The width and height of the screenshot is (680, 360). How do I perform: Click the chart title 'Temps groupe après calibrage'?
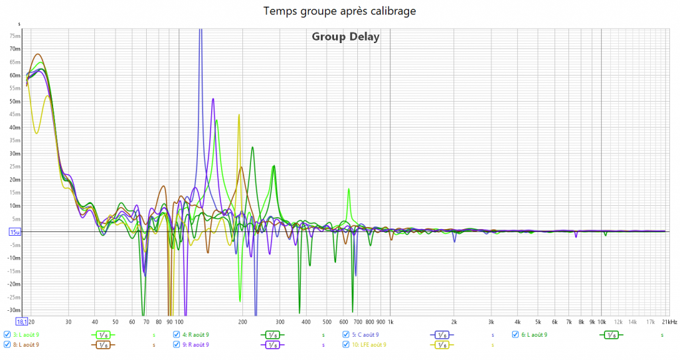[x=340, y=11]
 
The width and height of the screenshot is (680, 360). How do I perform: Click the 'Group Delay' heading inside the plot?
[x=345, y=37]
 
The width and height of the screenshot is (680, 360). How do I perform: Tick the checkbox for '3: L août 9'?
[x=7, y=335]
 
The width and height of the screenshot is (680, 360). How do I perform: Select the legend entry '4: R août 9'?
[x=195, y=335]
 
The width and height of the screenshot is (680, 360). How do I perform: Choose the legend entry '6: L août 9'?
[x=535, y=335]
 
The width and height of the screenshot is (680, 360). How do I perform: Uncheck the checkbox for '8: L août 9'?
[x=7, y=345]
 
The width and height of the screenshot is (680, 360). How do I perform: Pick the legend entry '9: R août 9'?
[x=195, y=345]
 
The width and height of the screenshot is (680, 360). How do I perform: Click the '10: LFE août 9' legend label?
[x=369, y=345]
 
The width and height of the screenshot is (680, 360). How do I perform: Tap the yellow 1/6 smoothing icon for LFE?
[x=441, y=345]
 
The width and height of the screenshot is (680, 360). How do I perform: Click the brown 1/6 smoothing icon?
[x=102, y=345]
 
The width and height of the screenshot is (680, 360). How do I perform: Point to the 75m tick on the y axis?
[x=15, y=36]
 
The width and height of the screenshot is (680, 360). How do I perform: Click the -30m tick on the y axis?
[x=14, y=310]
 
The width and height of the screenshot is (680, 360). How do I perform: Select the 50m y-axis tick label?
[x=15, y=102]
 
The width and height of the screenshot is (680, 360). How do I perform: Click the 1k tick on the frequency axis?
[x=389, y=321]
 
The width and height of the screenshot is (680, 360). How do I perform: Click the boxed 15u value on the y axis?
[x=15, y=232]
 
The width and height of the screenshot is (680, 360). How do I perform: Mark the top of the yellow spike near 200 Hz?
[x=239, y=115]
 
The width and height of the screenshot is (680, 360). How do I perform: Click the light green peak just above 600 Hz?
[x=348, y=189]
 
